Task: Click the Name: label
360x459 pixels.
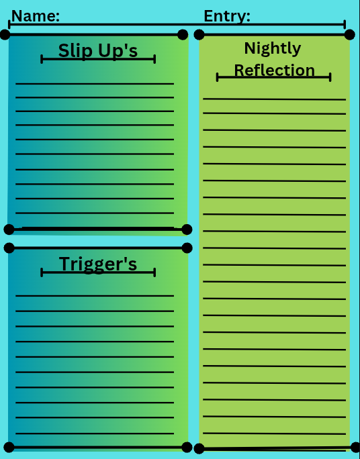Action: pyautogui.click(x=36, y=16)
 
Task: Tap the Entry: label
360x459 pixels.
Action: pyautogui.click(x=227, y=16)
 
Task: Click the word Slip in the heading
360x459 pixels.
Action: pyautogui.click(x=76, y=50)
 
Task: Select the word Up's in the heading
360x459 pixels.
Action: pyautogui.click(x=118, y=51)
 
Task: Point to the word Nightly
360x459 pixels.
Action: pyautogui.click(x=273, y=48)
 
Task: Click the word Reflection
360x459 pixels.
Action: pyautogui.click(x=275, y=70)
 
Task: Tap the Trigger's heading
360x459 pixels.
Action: pyautogui.click(x=98, y=264)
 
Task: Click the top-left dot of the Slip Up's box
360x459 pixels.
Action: pyautogui.click(x=5, y=34)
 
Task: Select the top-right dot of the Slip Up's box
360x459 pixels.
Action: pyautogui.click(x=183, y=34)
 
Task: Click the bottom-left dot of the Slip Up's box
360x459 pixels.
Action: pyautogui.click(x=9, y=229)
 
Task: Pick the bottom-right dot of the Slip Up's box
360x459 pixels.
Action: pyautogui.click(x=187, y=229)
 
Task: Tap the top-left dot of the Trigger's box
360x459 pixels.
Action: pyautogui.click(x=9, y=248)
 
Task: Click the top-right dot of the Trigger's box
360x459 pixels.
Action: pyautogui.click(x=187, y=248)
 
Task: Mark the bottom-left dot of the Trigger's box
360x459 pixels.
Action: pyautogui.click(x=9, y=448)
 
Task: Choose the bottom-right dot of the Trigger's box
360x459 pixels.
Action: pyautogui.click(x=187, y=448)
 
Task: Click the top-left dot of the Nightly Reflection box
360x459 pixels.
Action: pyautogui.click(x=199, y=34)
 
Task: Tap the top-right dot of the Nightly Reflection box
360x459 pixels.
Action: pyautogui.click(x=350, y=34)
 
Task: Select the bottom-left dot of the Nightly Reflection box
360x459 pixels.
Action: pyautogui.click(x=199, y=448)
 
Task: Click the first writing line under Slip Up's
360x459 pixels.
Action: pyautogui.click(x=95, y=84)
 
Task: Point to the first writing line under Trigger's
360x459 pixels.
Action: pyautogui.click(x=95, y=296)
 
